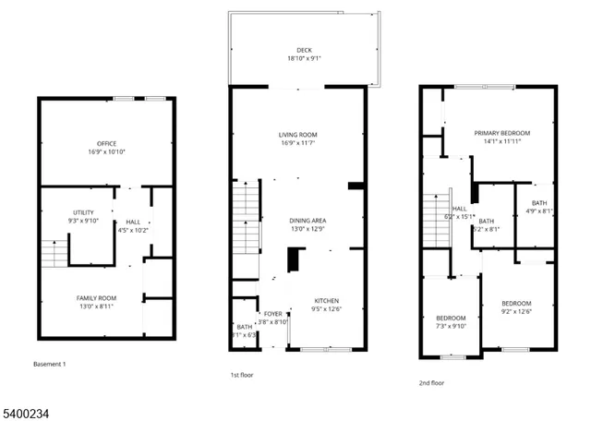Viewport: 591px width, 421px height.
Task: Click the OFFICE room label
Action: point(106,143)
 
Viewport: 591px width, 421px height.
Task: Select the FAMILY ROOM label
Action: point(95,298)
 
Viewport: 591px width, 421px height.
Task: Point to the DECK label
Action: point(304,50)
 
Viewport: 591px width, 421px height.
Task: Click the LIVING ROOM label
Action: point(298,136)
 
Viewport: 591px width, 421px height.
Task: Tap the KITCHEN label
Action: point(327,301)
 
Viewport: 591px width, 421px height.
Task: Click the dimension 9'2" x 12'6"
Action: point(516,311)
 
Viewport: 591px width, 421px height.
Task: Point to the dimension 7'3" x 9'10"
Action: point(452,325)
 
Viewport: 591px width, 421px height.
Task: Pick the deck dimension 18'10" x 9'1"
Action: point(304,58)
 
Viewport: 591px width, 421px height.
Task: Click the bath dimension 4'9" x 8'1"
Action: point(537,210)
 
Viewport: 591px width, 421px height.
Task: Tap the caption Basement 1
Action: point(50,364)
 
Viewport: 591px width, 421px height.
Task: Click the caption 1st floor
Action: point(242,375)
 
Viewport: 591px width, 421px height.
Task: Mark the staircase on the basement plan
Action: point(54,251)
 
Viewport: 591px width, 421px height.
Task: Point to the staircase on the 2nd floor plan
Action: point(435,222)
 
